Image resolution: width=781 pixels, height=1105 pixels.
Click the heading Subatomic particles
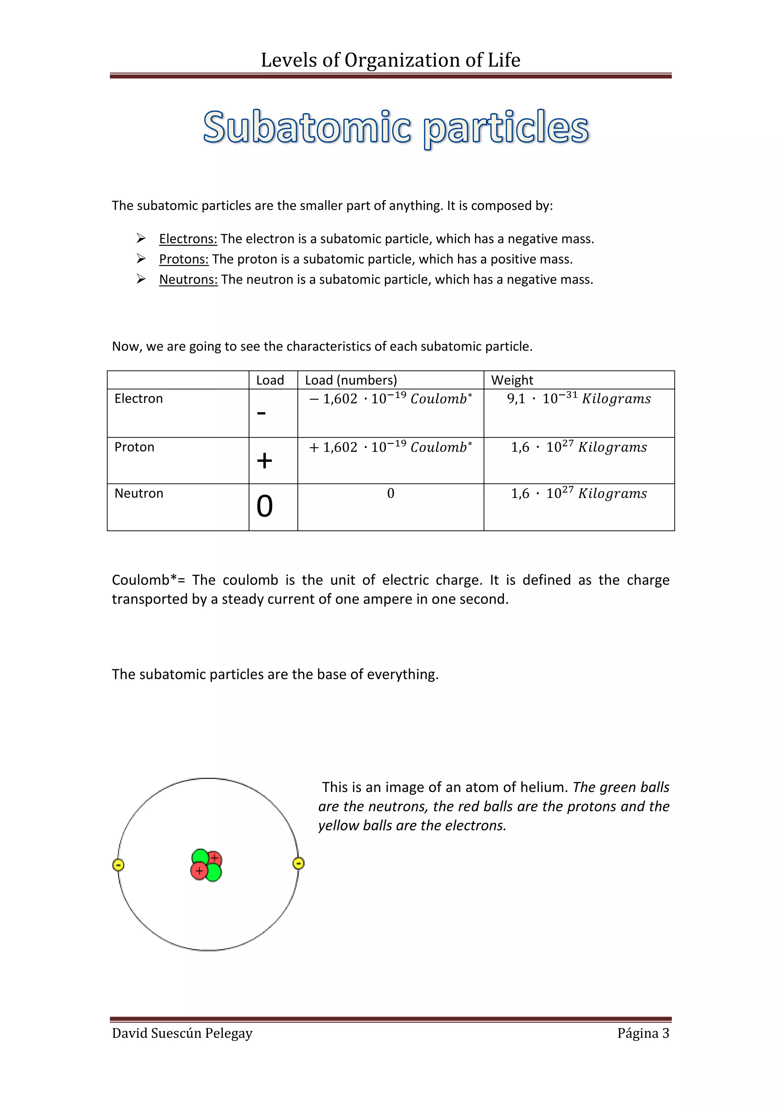pos(395,127)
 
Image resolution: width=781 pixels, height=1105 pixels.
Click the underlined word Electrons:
pos(188,239)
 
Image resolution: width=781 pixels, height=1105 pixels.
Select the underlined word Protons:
pos(184,259)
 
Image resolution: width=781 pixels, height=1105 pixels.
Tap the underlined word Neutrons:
pos(188,279)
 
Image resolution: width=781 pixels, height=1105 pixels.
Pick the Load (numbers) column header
pos(351,380)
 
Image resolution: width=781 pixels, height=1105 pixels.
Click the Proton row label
pos(134,447)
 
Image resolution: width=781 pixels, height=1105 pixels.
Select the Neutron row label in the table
pos(138,493)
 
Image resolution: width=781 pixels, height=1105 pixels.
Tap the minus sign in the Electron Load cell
pos(261,413)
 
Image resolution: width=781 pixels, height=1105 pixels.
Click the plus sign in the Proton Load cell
pos(264,461)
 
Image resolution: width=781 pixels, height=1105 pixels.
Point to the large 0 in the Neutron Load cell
pos(264,506)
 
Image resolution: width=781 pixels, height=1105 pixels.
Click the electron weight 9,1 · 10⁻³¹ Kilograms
pos(579,398)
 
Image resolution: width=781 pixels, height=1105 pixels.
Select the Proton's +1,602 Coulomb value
pos(390,447)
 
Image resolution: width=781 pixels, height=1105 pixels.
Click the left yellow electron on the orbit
pos(118,865)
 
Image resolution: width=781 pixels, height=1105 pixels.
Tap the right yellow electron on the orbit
pos(298,863)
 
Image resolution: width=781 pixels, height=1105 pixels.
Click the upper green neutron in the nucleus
pos(200,857)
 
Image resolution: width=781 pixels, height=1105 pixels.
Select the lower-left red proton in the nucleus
pos(199,871)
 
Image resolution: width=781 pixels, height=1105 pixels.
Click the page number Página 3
pos(643,1033)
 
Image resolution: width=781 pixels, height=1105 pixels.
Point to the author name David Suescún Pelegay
pos(182,1033)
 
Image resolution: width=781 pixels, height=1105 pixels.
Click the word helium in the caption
pos(546,787)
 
